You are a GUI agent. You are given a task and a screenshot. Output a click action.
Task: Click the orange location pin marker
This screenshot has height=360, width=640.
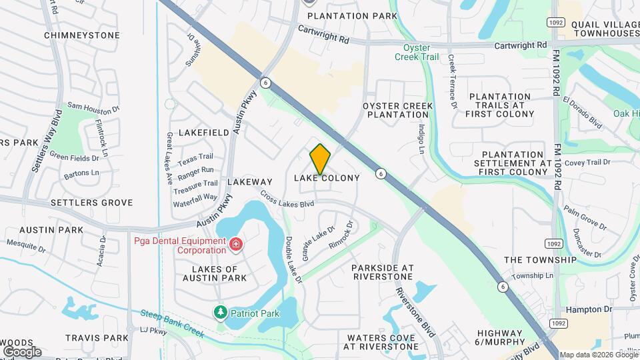point(320,159)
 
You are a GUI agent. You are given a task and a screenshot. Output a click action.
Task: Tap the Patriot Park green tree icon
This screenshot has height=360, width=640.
point(220,311)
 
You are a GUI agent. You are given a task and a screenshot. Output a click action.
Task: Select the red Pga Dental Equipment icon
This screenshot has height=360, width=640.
point(235,245)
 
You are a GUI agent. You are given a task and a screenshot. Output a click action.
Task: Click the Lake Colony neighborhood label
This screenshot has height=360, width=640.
point(327,178)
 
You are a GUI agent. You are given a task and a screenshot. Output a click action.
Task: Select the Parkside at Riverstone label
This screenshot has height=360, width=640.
point(383,272)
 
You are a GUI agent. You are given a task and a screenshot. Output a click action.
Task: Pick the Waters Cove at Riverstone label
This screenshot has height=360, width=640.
point(382,342)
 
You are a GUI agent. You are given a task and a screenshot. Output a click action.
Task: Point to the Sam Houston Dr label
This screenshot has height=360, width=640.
point(93,107)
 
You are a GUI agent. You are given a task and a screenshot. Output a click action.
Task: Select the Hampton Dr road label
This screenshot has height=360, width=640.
point(588,309)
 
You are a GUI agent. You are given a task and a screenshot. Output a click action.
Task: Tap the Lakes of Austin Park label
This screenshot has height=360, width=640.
point(210,273)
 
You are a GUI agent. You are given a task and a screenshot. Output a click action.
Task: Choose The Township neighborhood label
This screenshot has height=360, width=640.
point(540,259)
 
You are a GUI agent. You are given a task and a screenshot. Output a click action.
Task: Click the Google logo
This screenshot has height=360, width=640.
point(22,351)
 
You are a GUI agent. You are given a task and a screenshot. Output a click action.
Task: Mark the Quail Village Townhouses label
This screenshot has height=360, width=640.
point(605,28)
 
